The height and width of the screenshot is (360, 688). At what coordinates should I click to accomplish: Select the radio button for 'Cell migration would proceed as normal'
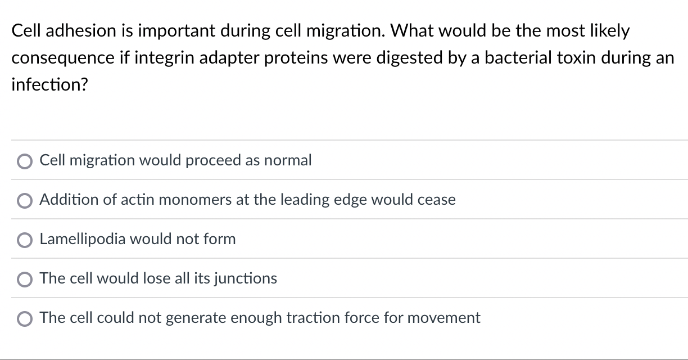pos(25,161)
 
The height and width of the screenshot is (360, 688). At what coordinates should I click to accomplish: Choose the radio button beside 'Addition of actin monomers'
pos(25,201)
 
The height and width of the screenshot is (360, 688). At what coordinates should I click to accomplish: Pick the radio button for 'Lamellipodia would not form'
pos(25,240)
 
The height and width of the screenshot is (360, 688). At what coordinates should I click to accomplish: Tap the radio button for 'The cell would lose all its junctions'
pos(25,280)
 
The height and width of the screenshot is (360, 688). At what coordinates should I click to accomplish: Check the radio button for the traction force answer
pos(25,319)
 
